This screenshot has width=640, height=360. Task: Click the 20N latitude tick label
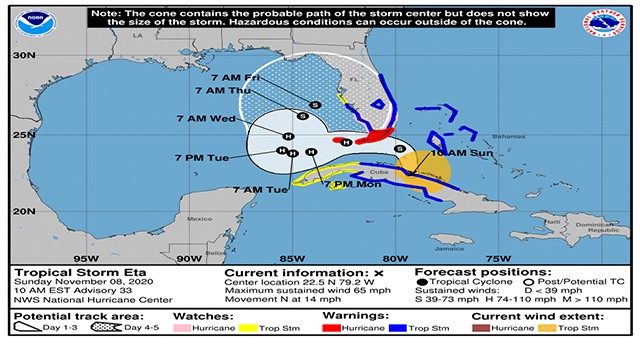(x=24, y=211)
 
